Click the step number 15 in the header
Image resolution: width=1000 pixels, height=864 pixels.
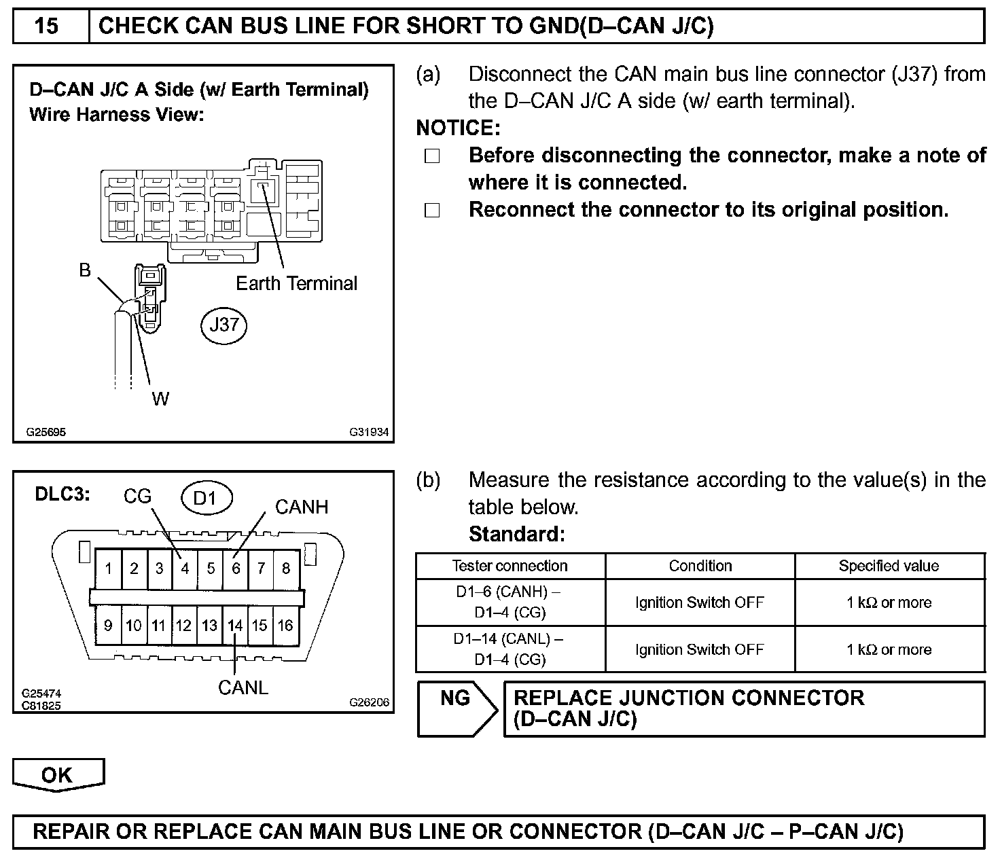(x=47, y=26)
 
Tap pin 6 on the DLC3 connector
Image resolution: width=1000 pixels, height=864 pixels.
(x=236, y=568)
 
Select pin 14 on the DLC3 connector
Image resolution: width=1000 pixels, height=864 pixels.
(x=235, y=625)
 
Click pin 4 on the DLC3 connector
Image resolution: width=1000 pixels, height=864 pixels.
(x=185, y=568)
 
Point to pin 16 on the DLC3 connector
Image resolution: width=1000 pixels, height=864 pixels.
(x=285, y=625)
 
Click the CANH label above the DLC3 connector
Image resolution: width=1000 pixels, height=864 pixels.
(x=301, y=507)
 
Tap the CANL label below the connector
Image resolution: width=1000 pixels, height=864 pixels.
(x=243, y=687)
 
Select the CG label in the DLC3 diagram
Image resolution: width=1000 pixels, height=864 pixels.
(x=137, y=497)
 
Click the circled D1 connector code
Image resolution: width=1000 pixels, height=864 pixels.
(x=206, y=499)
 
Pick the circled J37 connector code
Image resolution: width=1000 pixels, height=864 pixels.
(x=224, y=325)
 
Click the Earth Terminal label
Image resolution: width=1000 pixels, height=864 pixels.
(x=296, y=283)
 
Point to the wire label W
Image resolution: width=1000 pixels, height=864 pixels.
(x=160, y=399)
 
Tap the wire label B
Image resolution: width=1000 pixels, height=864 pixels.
(x=85, y=270)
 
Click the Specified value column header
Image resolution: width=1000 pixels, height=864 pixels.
(x=889, y=566)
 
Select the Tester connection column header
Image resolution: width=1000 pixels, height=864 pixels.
(x=510, y=566)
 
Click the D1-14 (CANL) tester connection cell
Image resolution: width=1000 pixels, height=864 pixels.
(x=510, y=649)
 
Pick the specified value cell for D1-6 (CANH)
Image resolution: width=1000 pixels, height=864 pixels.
(x=889, y=602)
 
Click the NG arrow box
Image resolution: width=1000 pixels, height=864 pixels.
(x=456, y=708)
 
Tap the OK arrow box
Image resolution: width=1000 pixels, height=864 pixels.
(x=58, y=775)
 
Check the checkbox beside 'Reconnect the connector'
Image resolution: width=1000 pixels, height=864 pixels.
(x=432, y=211)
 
